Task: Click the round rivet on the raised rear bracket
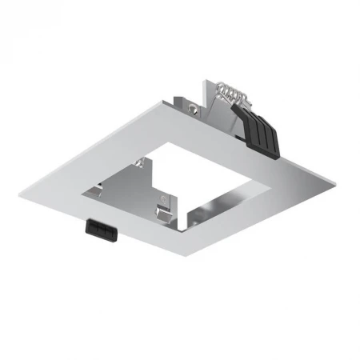point(193,105)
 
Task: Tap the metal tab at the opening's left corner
point(101,192)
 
